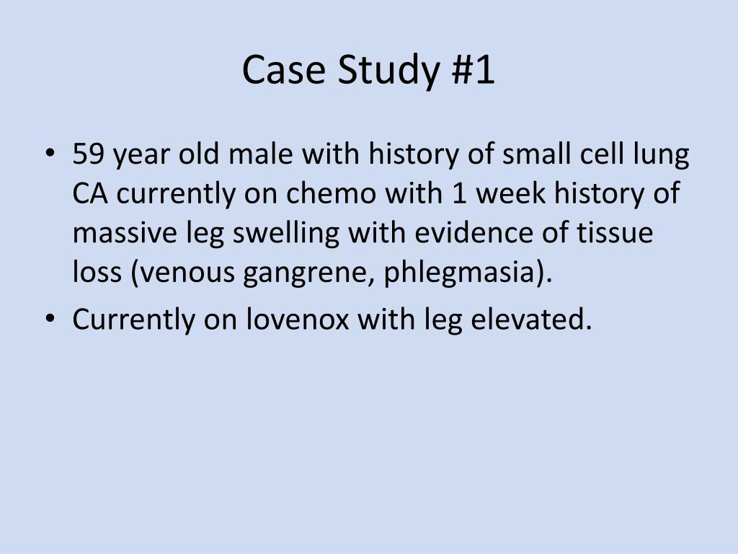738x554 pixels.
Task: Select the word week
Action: (x=514, y=194)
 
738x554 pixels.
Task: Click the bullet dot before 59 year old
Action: (x=50, y=154)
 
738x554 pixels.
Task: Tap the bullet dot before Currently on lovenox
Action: (x=50, y=319)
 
